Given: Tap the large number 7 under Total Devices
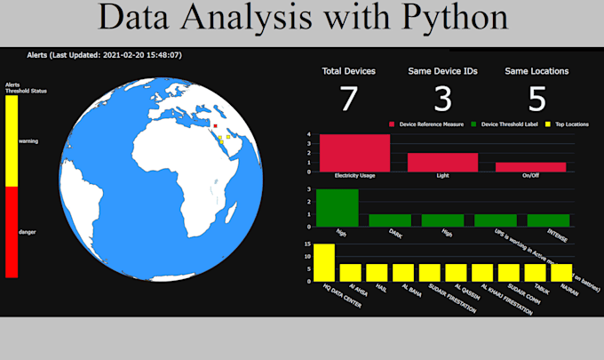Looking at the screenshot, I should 349,100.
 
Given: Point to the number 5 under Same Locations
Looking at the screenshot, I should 536,100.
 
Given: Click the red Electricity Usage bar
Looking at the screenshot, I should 354,153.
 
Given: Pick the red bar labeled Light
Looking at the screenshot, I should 442,162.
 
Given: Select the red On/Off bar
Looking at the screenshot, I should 530,166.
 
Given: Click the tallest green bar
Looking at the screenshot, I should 338,207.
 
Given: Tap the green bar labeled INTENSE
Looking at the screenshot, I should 548,220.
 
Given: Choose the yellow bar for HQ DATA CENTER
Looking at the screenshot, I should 324,262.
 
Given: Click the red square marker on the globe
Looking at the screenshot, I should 215,126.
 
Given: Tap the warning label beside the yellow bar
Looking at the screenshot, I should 28,141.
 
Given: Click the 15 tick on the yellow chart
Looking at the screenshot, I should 307,244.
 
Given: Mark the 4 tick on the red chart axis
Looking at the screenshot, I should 308,135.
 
